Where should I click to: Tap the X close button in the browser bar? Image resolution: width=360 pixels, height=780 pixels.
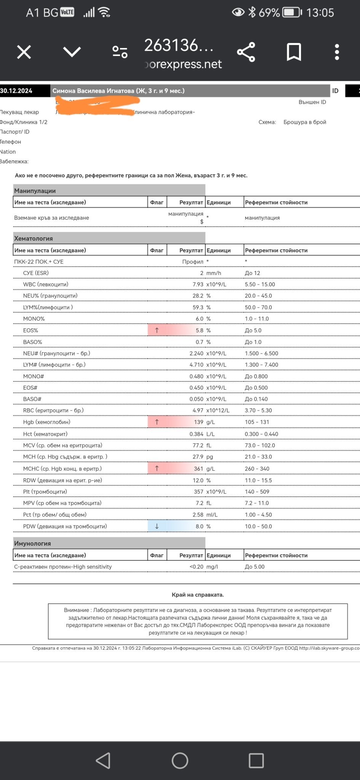24,52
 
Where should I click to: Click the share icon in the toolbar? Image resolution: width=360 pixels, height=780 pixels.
246,52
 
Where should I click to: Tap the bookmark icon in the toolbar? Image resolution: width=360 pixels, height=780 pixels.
294,52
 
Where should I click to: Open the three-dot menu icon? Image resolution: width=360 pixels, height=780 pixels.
337,52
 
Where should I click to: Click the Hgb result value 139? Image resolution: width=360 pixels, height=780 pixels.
198,422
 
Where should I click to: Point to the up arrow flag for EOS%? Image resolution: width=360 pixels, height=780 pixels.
157,330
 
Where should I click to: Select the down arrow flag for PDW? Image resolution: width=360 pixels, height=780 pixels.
157,526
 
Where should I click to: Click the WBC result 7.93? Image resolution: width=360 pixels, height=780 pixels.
198,285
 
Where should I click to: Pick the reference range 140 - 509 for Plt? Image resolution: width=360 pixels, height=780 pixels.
257,492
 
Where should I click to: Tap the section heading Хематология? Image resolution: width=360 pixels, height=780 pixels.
34,238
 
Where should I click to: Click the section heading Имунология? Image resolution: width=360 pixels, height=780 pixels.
32,543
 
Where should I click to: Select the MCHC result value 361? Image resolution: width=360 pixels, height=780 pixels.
198,469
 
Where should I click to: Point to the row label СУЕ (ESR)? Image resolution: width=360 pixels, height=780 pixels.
36,273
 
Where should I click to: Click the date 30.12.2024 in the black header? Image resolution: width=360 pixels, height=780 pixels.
16,91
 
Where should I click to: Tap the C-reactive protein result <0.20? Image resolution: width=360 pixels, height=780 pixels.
196,567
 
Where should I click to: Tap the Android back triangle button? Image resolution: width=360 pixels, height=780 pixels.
103,761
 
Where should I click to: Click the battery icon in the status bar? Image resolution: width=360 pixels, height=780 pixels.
291,13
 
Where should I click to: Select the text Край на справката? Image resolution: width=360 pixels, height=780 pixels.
198,595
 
